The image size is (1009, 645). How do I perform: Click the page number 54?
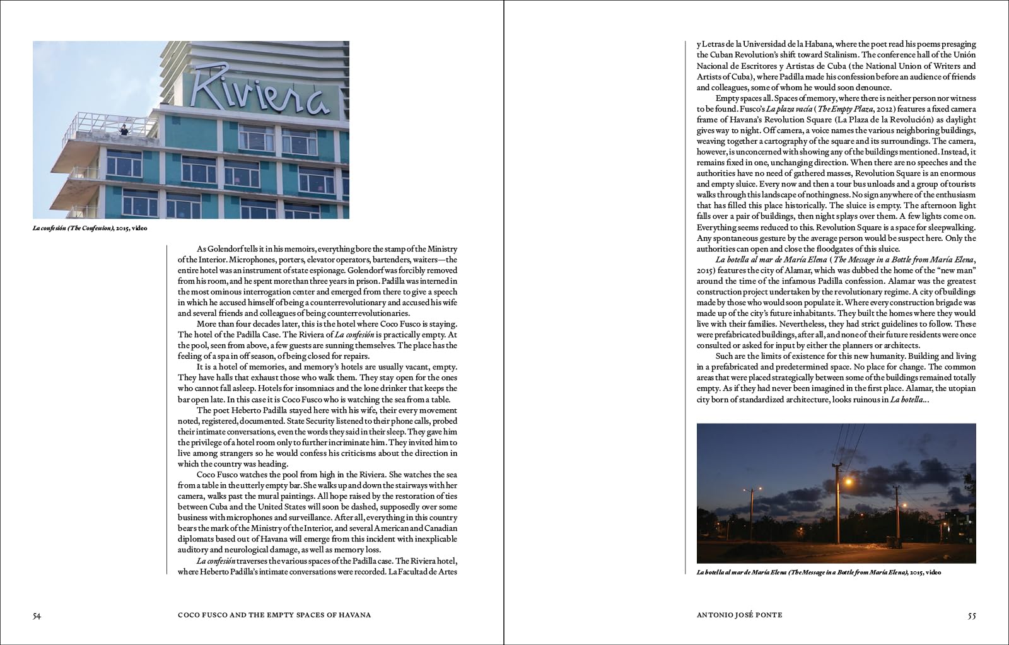pyautogui.click(x=37, y=615)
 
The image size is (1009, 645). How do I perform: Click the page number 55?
pyautogui.click(x=971, y=615)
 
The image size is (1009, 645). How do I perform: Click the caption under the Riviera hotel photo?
pyautogui.click(x=90, y=228)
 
